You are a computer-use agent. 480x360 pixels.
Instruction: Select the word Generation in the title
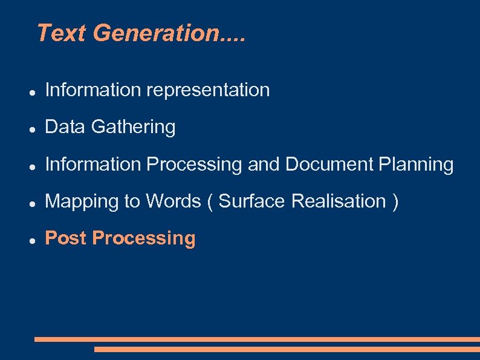pyautogui.click(x=155, y=33)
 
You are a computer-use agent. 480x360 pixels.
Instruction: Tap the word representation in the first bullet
pyautogui.click(x=208, y=90)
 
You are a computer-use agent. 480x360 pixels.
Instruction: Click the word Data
pyautogui.click(x=65, y=127)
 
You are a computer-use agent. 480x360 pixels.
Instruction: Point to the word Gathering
pyautogui.click(x=134, y=127)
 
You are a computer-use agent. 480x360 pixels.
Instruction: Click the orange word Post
pyautogui.click(x=66, y=238)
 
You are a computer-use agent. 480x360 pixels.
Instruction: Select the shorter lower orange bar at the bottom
pyautogui.click(x=287, y=349)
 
